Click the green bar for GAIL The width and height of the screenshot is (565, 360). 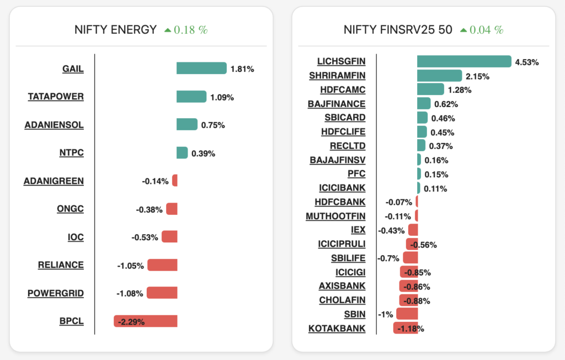201,68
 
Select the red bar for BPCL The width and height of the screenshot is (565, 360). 146,321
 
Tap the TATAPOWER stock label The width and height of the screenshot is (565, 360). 56,97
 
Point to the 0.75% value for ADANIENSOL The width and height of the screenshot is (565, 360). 213,125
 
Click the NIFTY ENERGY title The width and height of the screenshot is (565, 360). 116,30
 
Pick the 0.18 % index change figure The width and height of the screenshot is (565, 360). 190,30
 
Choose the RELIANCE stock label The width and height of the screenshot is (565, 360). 61,265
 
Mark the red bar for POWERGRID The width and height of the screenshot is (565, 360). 162,293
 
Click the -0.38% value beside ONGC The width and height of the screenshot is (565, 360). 149,209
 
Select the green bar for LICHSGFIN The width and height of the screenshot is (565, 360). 464,61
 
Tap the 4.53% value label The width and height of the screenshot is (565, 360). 527,62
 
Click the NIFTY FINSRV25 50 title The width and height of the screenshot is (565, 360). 398,30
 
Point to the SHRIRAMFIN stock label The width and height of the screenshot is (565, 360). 337,76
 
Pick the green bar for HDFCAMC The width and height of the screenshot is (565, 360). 430,89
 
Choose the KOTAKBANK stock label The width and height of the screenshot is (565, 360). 337,329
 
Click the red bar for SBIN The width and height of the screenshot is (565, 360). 407,314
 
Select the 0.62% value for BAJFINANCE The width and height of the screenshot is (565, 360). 446,104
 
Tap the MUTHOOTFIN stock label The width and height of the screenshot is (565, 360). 335,216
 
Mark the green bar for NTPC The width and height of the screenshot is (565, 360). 182,153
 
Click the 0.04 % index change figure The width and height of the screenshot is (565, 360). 486,30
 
